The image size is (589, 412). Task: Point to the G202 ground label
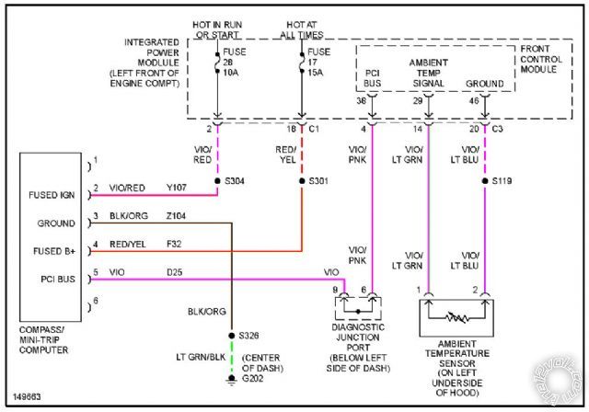250,378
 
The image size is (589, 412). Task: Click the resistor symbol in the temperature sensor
453,317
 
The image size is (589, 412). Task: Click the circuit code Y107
177,189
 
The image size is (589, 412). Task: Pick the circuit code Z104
177,217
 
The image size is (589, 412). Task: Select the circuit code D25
174,272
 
